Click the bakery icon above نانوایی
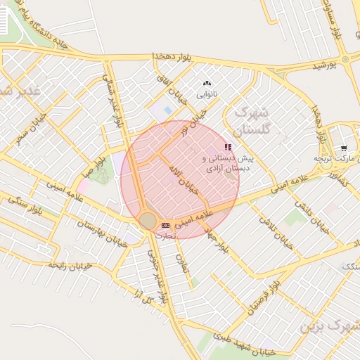click(207, 83)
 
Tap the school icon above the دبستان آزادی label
click(227, 147)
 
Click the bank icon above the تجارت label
click(165, 225)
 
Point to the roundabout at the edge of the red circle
click(148, 221)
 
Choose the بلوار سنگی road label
click(25, 207)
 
